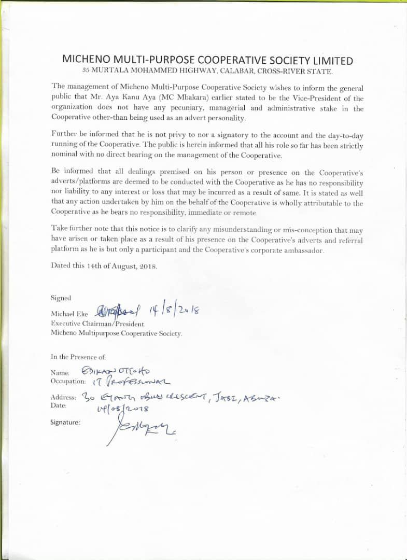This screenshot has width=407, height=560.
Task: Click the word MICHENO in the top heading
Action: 88,60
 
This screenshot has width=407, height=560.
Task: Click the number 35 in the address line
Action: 87,71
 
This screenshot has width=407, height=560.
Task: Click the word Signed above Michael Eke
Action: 61,298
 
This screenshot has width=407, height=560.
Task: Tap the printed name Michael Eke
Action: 71,314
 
